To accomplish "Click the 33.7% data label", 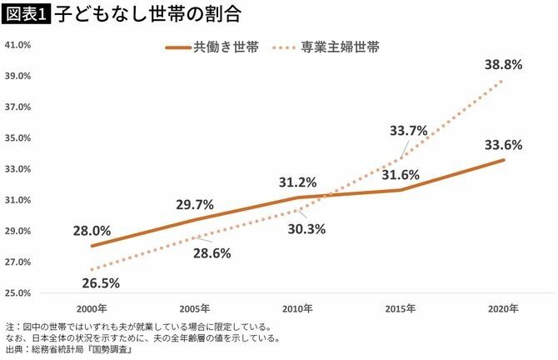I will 408,130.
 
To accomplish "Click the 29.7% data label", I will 195,204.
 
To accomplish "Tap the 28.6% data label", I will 212,252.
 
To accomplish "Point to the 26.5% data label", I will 101,282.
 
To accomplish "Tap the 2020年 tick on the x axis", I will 504,308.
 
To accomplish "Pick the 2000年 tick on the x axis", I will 92,308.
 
